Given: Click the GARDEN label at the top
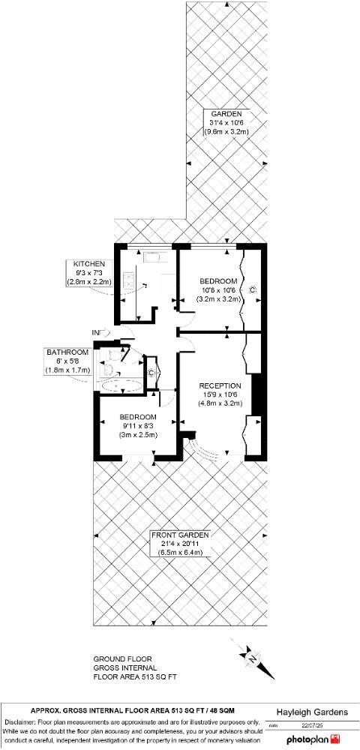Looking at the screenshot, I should pos(226,113).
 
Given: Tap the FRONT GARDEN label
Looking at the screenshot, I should pos(179,535).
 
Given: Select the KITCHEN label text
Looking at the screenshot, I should pos(89,264).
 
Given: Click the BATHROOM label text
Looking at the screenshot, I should pos(67,352).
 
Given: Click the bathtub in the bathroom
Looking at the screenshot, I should pos(121,386).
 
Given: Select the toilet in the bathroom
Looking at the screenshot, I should pos(109,369).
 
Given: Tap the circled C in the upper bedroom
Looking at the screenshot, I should pos(252,289).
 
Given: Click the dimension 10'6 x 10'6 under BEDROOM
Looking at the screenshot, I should pos(218,289).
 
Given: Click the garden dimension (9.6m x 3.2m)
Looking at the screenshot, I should pos(226,132).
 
